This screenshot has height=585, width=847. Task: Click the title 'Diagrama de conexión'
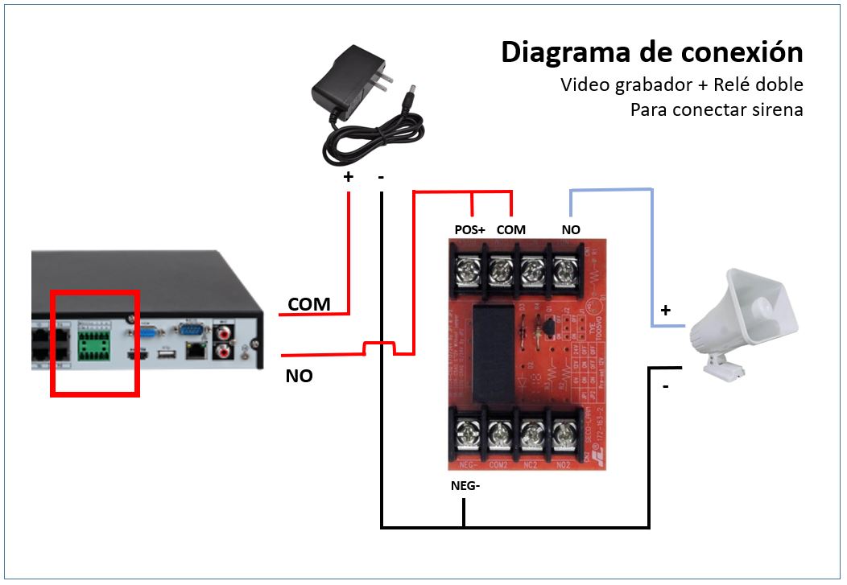click(x=651, y=52)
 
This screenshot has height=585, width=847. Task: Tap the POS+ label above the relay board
click(x=470, y=230)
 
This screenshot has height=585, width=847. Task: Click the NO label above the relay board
click(x=571, y=230)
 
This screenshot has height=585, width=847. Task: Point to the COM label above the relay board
click(x=511, y=230)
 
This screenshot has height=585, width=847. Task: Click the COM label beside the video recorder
click(x=309, y=304)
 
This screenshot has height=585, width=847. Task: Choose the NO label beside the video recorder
click(x=299, y=376)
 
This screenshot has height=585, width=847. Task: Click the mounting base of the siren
click(x=723, y=369)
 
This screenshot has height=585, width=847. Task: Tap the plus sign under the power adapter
click(x=349, y=176)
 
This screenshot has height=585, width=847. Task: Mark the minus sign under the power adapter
click(x=380, y=176)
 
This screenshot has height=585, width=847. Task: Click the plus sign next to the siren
click(x=666, y=310)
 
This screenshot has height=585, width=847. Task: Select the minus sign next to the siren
click(x=666, y=387)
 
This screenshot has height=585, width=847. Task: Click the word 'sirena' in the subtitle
click(x=775, y=109)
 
